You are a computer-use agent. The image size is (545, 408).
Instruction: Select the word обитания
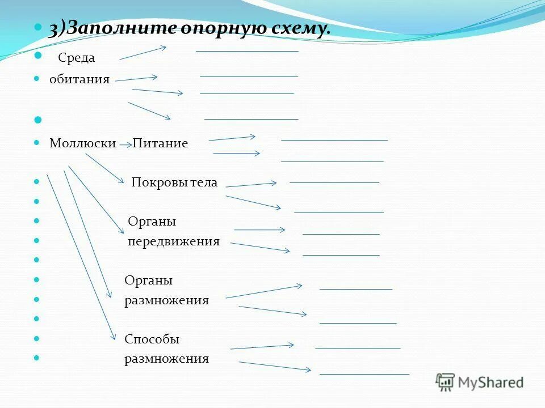point(79,79)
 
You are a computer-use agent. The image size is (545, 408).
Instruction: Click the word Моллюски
point(83,143)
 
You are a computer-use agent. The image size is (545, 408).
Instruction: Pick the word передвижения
point(174,242)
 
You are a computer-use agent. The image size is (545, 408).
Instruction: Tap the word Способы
point(152,339)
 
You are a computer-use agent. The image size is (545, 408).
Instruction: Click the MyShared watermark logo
point(480,382)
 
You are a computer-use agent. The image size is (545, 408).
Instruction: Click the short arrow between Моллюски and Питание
point(126,145)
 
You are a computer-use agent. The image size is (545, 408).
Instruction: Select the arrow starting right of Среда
point(142,53)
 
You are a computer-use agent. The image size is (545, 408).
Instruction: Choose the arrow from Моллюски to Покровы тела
point(105,168)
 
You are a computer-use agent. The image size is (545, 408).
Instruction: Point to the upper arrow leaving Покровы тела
point(251,184)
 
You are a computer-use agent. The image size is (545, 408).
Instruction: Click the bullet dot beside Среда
point(39,56)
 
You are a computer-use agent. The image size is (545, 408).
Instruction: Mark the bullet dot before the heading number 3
point(38,27)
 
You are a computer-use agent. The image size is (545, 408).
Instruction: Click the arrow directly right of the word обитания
point(136,79)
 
